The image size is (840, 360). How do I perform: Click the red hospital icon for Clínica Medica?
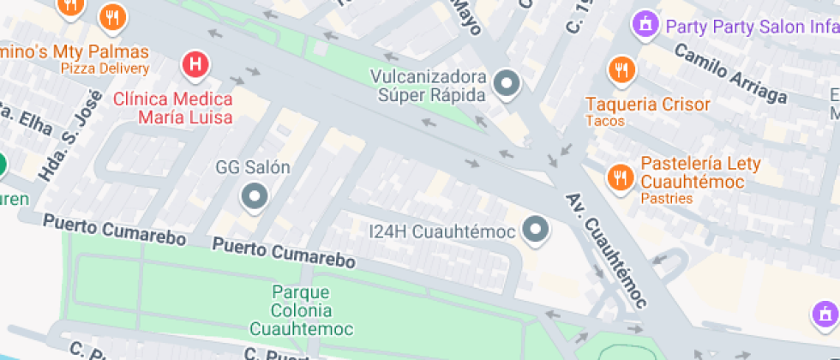coord(196,64)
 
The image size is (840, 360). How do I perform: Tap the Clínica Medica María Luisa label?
coord(173,107)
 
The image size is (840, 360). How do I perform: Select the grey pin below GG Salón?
coord(255,198)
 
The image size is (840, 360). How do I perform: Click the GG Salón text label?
coord(253,168)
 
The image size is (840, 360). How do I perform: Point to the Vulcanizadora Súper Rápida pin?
coord(508,85)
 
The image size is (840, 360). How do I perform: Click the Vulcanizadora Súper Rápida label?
coord(428,86)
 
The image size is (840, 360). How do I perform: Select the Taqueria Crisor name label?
coord(648,105)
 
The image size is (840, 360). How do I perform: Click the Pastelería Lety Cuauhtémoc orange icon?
coord(618,177)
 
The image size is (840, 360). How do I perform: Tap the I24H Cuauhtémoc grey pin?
coord(536,230)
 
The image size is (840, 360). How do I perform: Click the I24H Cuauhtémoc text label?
coord(441,231)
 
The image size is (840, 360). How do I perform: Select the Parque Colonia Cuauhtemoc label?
coord(301,309)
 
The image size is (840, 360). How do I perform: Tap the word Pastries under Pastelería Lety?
coord(666,199)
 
